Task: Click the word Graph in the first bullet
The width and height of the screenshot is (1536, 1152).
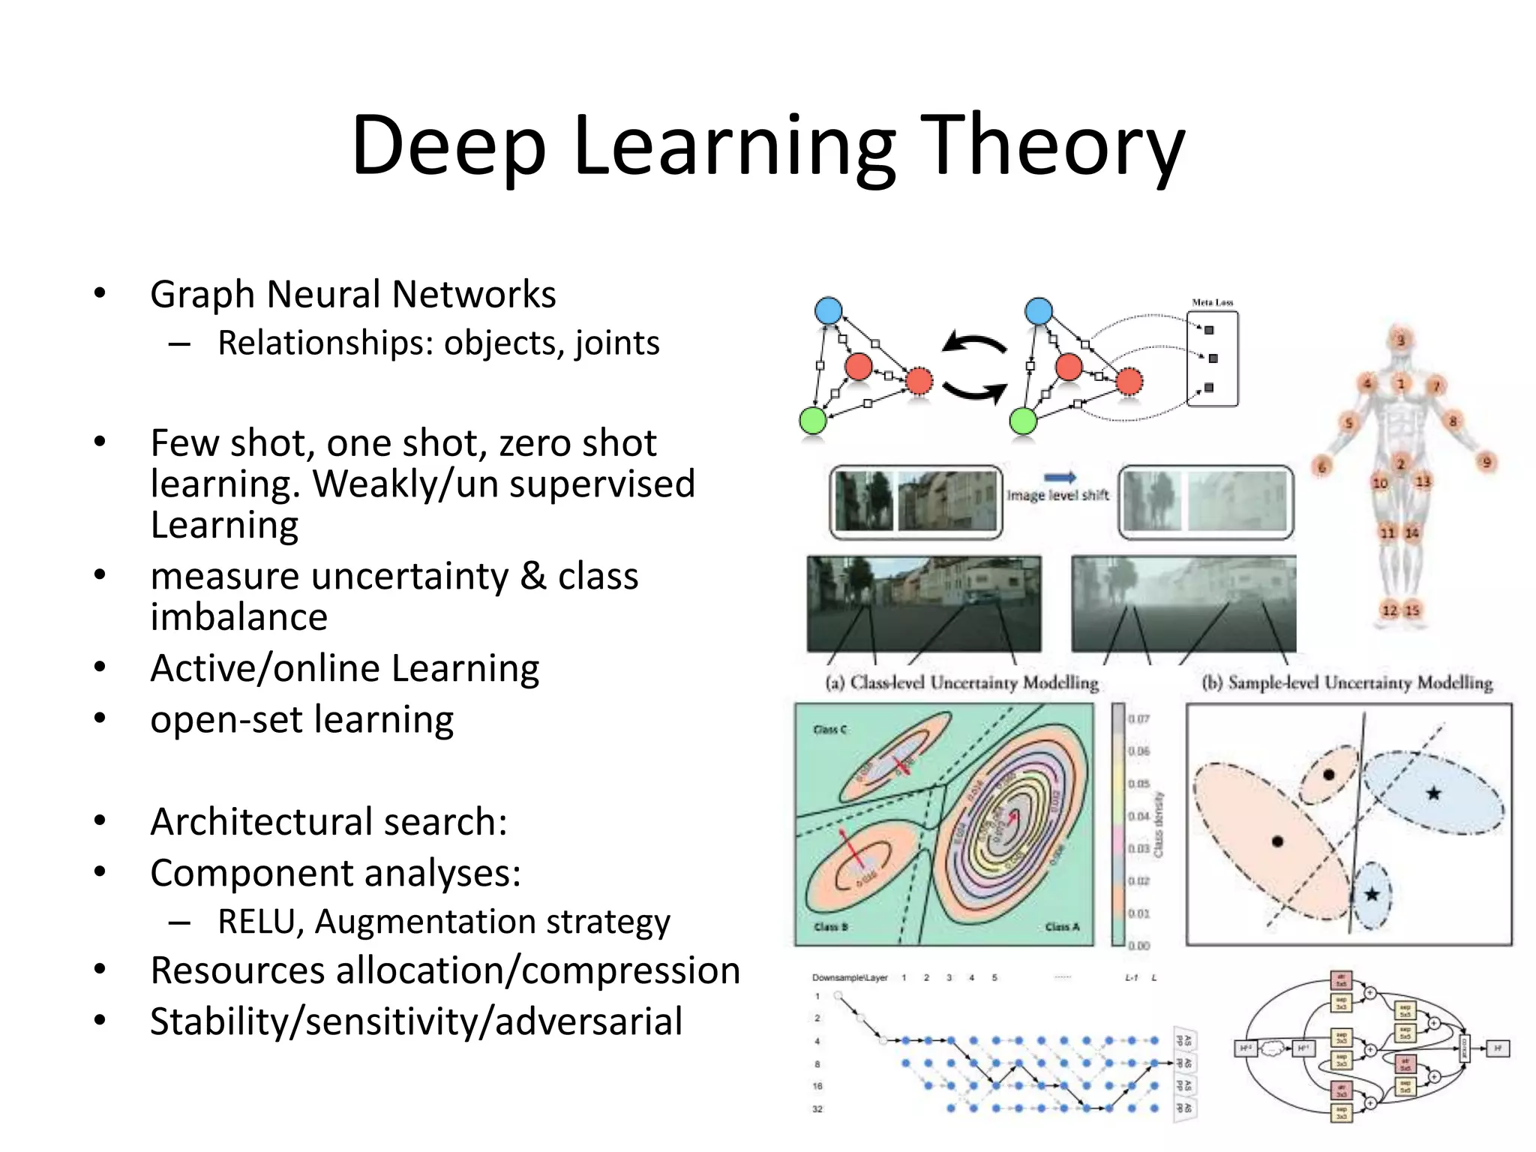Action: (x=201, y=295)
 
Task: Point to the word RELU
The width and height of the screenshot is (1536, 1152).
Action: (x=259, y=922)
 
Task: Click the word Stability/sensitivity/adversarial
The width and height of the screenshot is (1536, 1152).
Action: (x=416, y=1021)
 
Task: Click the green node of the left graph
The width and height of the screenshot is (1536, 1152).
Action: (x=813, y=421)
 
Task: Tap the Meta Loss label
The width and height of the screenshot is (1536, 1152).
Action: (x=1212, y=302)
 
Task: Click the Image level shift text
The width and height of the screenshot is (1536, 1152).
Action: (x=1057, y=495)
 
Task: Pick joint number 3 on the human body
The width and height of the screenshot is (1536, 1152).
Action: (x=1400, y=340)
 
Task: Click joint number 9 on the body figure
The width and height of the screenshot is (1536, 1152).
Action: (x=1486, y=462)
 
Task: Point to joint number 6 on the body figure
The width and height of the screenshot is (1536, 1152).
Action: (x=1321, y=467)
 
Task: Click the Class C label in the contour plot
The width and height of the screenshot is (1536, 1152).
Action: (x=829, y=730)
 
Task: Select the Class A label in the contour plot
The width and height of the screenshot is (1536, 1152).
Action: (x=1062, y=927)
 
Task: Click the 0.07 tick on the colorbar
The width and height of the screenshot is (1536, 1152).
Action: (x=1138, y=718)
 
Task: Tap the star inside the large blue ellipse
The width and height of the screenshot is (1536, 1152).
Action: (x=1433, y=793)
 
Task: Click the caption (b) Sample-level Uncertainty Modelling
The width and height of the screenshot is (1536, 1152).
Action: (x=1347, y=682)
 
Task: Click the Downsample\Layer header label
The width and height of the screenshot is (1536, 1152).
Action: (x=850, y=978)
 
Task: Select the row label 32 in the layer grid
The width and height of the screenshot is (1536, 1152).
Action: (x=817, y=1108)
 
